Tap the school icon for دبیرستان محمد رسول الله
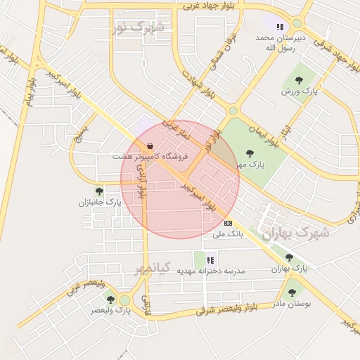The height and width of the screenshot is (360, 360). coord(280,27)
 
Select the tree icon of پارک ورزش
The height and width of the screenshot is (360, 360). coord(299,80)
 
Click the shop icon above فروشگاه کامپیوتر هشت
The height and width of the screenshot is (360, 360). coord(150,146)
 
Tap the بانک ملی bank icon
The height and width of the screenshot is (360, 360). coord(226,222)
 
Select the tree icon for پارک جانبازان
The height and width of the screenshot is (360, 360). coord(99,191)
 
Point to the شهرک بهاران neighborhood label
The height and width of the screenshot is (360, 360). coord(295,233)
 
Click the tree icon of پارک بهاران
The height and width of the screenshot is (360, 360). coord(289,259)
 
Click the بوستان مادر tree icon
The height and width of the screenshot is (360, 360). coord(292,292)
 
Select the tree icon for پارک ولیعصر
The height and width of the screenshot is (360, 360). coord(110,300)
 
